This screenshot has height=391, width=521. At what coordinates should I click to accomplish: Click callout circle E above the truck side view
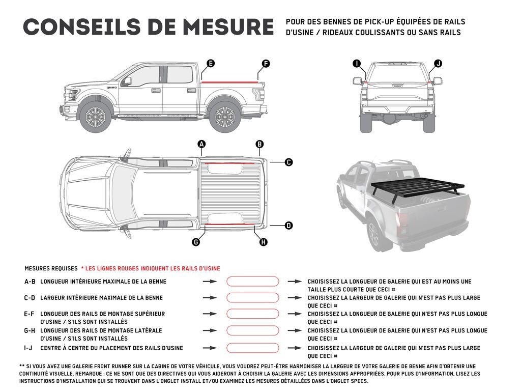(x=210, y=64)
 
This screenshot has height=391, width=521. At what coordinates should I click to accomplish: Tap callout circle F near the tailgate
(x=266, y=64)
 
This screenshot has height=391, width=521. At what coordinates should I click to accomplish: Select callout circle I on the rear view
(x=357, y=63)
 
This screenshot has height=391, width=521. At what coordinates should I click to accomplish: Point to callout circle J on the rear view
(x=438, y=63)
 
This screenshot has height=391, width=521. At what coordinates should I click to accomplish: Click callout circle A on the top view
(x=201, y=144)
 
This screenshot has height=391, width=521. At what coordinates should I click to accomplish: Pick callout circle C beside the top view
(x=288, y=162)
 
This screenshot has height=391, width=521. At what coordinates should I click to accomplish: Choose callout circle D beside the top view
(x=288, y=225)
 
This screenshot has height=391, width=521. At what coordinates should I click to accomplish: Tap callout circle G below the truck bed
(x=196, y=242)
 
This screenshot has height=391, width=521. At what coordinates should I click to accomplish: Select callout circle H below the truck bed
(x=263, y=242)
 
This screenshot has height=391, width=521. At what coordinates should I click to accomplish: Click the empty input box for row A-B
(x=252, y=281)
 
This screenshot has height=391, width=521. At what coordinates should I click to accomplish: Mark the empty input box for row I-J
(x=252, y=348)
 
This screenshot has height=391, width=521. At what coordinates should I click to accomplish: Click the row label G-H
(x=30, y=330)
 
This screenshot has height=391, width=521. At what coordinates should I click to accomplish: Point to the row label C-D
(x=30, y=298)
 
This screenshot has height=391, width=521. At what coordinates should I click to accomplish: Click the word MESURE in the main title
(x=223, y=27)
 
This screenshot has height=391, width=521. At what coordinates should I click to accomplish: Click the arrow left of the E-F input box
(x=210, y=314)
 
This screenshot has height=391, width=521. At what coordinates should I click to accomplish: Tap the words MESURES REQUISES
(x=50, y=268)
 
